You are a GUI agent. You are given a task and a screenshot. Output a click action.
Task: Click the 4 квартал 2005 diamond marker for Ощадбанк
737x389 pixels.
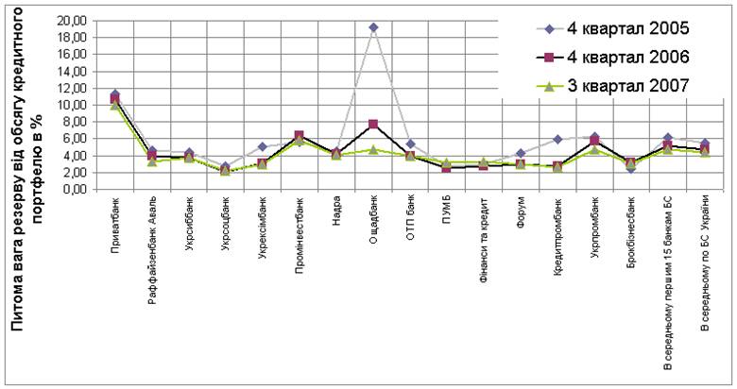coord(373,27)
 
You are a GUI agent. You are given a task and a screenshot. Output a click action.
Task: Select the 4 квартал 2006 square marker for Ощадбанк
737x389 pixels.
coord(373,124)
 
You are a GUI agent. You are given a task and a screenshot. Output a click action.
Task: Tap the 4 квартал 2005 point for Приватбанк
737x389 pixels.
coord(115,93)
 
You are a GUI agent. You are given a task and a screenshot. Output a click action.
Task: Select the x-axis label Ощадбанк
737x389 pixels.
coord(374,223)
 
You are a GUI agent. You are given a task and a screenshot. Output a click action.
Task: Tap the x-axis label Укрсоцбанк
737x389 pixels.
coord(227,226)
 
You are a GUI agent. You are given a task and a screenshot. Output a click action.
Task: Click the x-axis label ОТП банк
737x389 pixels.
coord(411,219)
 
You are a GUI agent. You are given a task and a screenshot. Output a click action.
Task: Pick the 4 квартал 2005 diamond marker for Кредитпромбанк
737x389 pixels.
coord(557,139)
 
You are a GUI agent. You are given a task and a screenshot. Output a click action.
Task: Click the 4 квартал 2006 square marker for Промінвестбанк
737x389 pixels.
coord(300,136)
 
